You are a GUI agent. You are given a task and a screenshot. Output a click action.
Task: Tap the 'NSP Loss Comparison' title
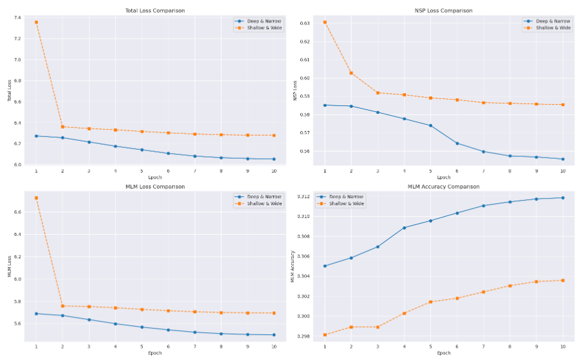click(443, 10)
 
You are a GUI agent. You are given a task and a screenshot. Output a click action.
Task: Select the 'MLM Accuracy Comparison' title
click(443, 186)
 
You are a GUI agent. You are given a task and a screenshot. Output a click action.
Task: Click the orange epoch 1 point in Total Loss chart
click(36, 22)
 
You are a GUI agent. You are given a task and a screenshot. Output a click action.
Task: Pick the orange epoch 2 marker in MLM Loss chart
click(62, 306)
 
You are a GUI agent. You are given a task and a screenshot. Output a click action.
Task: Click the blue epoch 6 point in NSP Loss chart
click(457, 143)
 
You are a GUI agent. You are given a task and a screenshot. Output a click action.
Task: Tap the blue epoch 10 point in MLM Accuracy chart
click(563, 197)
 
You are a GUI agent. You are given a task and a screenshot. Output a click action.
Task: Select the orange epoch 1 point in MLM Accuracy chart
click(325, 335)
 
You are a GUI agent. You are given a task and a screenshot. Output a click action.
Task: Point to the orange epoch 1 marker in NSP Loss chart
click(325, 22)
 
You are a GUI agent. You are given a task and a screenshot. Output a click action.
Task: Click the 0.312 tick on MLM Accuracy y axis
click(303, 196)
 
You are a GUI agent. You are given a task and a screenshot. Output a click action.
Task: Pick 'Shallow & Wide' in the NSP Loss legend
click(553, 28)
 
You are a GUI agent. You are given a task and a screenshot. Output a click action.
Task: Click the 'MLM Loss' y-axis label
click(9, 266)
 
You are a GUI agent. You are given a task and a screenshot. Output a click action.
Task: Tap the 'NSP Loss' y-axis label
click(295, 89)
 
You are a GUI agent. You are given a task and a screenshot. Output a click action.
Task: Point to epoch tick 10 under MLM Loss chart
click(274, 347)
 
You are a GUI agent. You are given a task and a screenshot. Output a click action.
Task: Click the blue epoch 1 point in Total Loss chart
click(36, 136)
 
